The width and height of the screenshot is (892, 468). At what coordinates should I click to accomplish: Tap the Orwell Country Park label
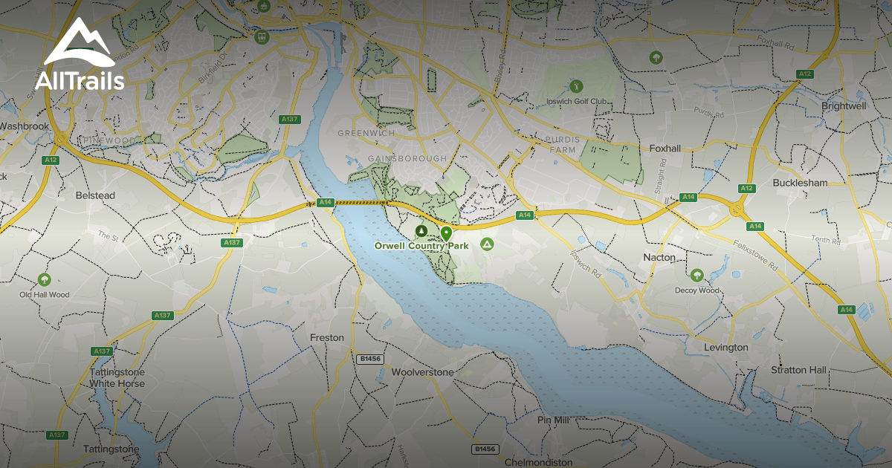[421, 245]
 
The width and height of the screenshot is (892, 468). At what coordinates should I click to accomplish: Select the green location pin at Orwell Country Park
[446, 233]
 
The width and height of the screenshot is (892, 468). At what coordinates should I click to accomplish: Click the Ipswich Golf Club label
[578, 102]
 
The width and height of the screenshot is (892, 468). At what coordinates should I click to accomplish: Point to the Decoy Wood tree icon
[697, 276]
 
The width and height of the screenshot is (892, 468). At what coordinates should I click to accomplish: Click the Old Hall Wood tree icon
[44, 279]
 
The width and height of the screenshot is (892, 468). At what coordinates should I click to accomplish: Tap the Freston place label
[327, 337]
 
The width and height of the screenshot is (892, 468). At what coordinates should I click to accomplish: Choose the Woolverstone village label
[421, 371]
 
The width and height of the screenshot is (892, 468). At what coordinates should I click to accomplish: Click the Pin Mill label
[553, 420]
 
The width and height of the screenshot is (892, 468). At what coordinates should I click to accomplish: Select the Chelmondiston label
[539, 461]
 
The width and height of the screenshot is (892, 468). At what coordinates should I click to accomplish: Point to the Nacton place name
[659, 257]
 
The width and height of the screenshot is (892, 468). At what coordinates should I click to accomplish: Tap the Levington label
[726, 347]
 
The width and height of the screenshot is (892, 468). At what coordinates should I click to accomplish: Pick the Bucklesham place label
[799, 182]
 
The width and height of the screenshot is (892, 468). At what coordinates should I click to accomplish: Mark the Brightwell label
[844, 106]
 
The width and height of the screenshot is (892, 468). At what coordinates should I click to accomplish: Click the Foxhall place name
[665, 148]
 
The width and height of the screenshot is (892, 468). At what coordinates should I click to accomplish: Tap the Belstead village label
[96, 195]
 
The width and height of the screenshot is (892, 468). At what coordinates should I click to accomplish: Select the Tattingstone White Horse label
[117, 377]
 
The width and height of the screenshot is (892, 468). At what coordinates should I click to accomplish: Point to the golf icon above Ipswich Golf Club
[572, 85]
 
